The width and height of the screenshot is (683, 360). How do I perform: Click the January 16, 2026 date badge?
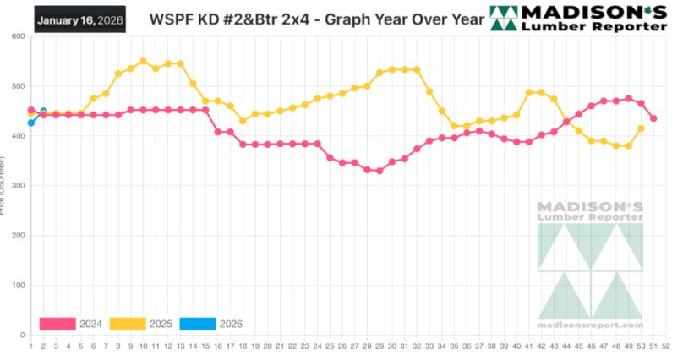coord(79,19)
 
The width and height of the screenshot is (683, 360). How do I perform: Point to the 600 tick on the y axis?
coord(16,36)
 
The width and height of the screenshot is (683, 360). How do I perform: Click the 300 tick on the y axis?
coord(16,186)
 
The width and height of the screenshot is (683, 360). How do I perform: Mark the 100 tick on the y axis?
coord(16,286)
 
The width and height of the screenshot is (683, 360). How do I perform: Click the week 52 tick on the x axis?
coord(666,346)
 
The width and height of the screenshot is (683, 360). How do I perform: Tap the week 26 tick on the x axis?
coord(342,346)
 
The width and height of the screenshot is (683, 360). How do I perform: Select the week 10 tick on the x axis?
coord(143,346)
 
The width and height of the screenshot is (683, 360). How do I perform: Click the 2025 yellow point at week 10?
coord(143,61)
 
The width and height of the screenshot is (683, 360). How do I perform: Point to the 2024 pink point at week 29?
coord(380,171)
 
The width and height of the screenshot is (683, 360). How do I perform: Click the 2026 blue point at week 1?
coord(31,123)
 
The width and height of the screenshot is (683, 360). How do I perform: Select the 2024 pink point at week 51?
coord(653,118)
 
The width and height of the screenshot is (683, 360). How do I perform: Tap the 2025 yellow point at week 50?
coord(641,128)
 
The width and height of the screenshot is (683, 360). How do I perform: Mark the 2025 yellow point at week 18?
coord(243,121)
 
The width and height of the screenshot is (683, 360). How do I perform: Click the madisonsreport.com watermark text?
coord(591,325)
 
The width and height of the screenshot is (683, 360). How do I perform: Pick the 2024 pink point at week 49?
coord(628,99)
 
